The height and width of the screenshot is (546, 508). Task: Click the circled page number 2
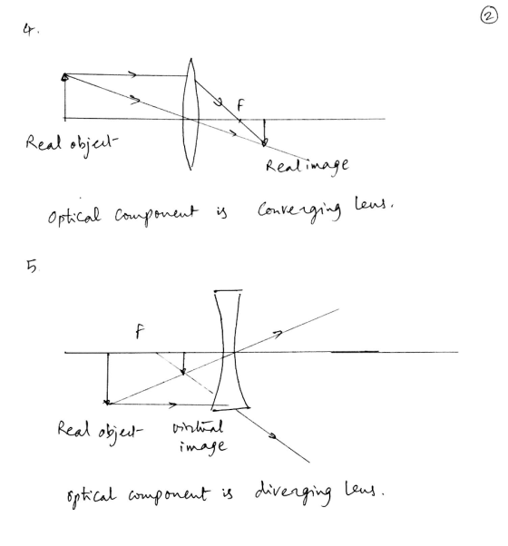pyautogui.click(x=489, y=16)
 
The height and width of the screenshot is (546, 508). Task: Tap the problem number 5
pyautogui.click(x=33, y=267)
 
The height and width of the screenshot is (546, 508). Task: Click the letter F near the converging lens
pyautogui.click(x=240, y=105)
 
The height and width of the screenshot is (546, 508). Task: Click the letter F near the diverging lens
pyautogui.click(x=140, y=331)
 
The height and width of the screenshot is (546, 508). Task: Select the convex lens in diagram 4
pyautogui.click(x=190, y=114)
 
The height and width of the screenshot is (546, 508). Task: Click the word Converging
pyautogui.click(x=299, y=210)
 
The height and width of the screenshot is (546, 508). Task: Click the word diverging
pyautogui.click(x=293, y=492)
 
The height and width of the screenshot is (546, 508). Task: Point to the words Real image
pyautogui.click(x=308, y=165)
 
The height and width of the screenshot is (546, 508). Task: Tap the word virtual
pyautogui.click(x=198, y=426)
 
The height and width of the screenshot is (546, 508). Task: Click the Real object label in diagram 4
pyautogui.click(x=72, y=143)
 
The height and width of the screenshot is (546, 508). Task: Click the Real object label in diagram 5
pyautogui.click(x=100, y=431)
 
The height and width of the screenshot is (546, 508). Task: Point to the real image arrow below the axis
pyautogui.click(x=264, y=132)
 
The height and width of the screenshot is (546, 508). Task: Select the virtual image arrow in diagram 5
pyautogui.click(x=183, y=364)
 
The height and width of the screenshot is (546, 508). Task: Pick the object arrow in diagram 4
pyautogui.click(x=64, y=96)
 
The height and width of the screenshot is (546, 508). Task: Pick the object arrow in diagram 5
pyautogui.click(x=108, y=379)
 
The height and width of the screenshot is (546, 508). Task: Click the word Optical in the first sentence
pyautogui.click(x=74, y=215)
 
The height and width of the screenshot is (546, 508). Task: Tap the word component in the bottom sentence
pyautogui.click(x=169, y=494)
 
